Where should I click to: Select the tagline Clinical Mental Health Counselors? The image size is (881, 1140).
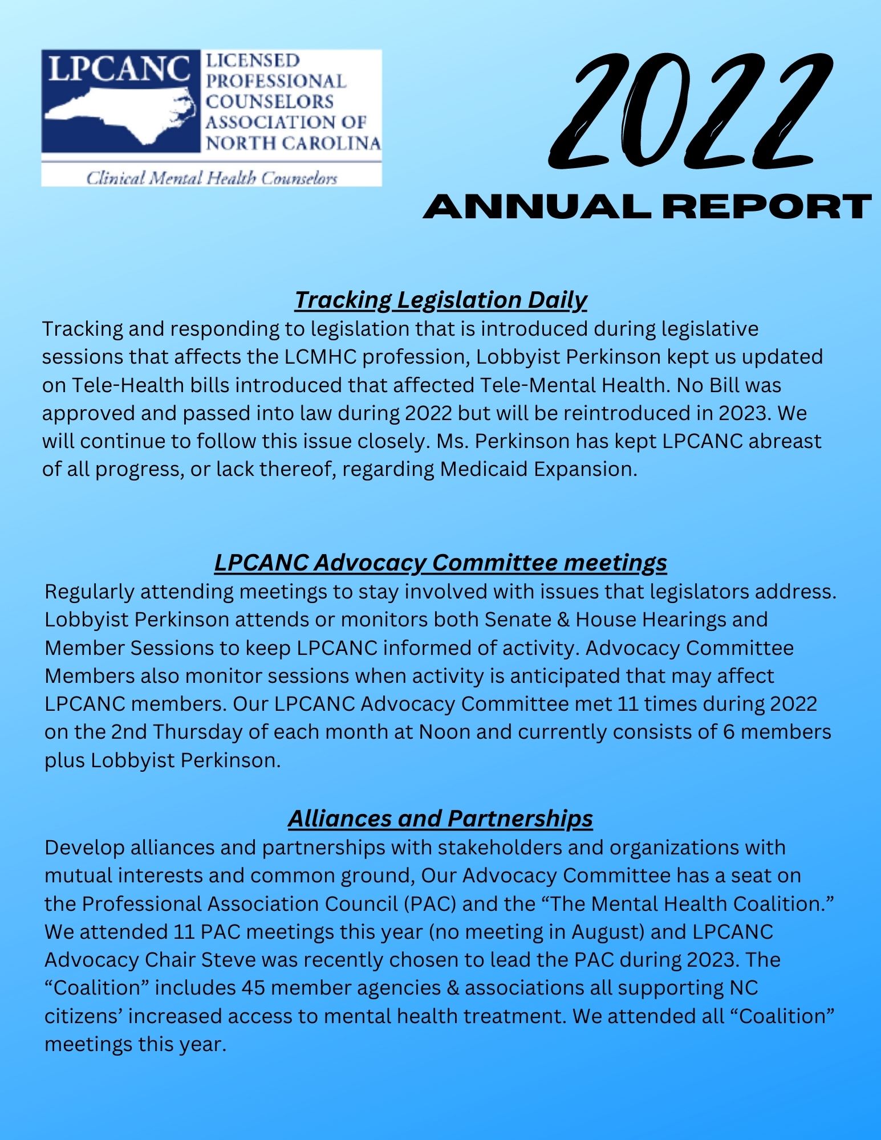212,178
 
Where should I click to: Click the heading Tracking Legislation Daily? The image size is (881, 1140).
440,300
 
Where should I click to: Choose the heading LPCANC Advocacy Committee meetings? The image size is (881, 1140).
440,563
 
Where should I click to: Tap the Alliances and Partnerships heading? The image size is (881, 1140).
440,819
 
